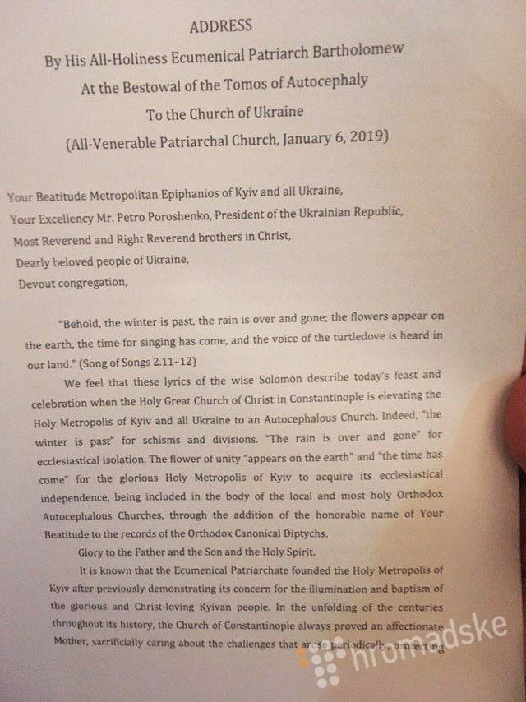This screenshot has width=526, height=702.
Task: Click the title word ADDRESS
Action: pos(221,27)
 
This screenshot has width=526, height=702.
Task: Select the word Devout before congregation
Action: pos(39,284)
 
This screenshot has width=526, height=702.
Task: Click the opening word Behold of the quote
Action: pos(85,321)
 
